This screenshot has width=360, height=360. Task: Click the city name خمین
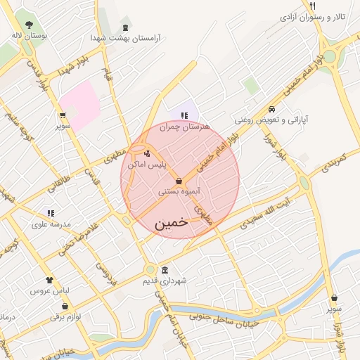tap(171, 221)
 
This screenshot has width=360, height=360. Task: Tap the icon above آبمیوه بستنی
tap(179, 181)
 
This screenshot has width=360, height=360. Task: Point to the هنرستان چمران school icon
tap(184, 115)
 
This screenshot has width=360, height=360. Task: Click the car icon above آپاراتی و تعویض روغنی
tap(271, 109)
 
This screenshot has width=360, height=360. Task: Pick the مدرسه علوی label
tap(51, 225)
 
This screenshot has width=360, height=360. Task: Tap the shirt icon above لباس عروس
tap(49, 279)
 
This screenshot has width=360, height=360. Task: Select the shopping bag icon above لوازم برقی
tap(65, 306)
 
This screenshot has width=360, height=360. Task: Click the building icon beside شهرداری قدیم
tap(165, 271)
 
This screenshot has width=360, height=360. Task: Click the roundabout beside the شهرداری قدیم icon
tap(150, 269)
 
